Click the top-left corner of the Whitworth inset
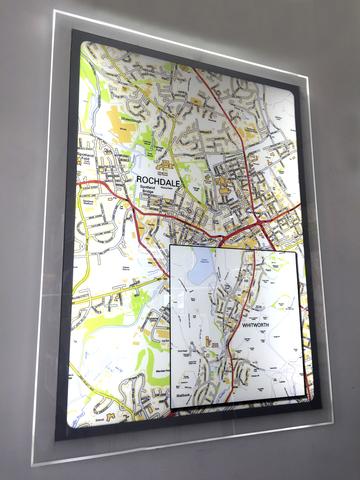pyautogui.click(x=170, y=245)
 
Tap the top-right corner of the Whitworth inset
pyautogui.click(x=297, y=251)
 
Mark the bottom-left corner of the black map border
pyautogui.click(x=59, y=438)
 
